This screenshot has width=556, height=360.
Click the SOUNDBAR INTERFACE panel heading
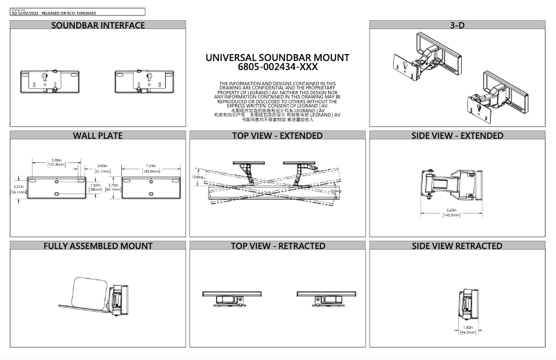click(98, 26)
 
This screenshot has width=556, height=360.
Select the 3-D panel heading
click(457, 26)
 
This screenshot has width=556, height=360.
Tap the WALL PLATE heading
click(98, 135)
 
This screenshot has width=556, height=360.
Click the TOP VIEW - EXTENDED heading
click(277, 135)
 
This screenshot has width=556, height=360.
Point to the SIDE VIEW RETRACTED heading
click(457, 246)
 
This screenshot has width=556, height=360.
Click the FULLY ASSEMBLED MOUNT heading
click(98, 246)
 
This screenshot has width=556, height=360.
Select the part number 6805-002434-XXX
click(277, 68)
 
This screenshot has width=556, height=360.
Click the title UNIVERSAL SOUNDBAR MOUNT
click(277, 58)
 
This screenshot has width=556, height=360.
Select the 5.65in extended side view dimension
click(452, 212)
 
